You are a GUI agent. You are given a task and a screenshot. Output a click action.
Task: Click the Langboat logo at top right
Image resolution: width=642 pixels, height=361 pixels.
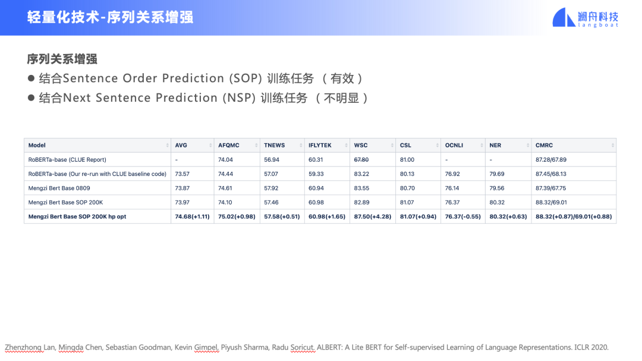[585, 18]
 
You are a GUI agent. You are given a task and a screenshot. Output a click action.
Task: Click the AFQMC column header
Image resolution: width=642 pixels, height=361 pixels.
[228, 146]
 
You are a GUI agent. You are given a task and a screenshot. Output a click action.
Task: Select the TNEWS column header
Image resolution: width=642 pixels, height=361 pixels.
[274, 146]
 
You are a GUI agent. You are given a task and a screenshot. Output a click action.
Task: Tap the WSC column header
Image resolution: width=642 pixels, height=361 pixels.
[361, 146]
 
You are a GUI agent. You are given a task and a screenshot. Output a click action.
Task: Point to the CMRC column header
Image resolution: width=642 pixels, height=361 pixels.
[544, 146]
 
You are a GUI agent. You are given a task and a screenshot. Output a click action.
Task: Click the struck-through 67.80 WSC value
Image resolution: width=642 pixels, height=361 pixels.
[361, 160]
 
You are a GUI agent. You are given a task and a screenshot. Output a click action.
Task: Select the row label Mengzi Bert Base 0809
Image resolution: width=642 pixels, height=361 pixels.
[59, 188]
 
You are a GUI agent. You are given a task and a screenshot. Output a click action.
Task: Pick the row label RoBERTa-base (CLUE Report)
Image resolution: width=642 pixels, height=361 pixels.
[67, 160]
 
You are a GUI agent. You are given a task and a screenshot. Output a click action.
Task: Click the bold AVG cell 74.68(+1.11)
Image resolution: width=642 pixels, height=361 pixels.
[192, 216]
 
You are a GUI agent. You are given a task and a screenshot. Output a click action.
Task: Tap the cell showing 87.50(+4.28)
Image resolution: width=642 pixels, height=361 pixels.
[373, 216]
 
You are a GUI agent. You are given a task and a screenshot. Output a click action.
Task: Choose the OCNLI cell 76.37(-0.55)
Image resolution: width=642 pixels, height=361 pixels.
[462, 216]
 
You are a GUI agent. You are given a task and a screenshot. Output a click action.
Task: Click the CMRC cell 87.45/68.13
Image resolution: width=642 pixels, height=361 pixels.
[550, 174]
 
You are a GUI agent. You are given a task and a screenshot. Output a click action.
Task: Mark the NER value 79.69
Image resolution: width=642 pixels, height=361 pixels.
[496, 174]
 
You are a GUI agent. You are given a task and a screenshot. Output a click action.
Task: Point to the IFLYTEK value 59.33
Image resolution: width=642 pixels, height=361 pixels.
[316, 174]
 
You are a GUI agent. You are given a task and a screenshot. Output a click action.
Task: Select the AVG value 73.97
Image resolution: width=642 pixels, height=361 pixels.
[182, 202]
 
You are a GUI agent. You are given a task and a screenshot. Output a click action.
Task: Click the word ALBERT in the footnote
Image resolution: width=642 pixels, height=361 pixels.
[329, 347]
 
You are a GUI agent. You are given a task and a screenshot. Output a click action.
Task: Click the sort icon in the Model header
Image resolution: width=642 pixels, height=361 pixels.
[167, 146]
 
